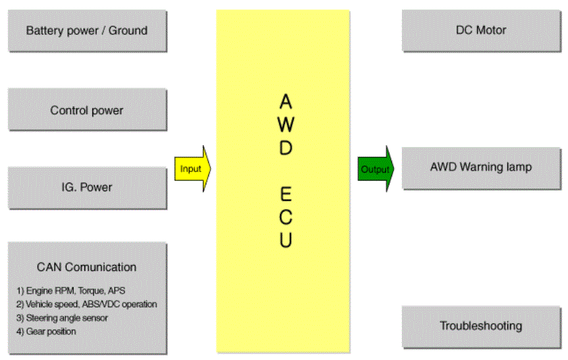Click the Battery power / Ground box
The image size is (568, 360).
[87, 31]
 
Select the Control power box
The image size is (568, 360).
[87, 109]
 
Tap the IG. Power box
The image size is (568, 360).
[87, 188]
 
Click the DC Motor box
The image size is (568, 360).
[482, 31]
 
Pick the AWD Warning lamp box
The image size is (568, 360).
[482, 168]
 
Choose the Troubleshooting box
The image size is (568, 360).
[482, 327]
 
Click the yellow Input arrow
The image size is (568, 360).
[192, 169]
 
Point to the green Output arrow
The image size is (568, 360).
[376, 169]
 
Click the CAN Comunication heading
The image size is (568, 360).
[86, 267]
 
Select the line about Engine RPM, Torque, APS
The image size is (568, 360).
[71, 291]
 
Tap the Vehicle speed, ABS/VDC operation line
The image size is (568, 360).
[86, 304]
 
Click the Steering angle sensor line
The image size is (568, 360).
[62, 318]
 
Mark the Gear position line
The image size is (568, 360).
[46, 332]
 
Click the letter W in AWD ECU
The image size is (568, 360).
[286, 125]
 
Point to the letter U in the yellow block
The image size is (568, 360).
[286, 240]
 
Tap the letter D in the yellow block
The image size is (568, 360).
[286, 148]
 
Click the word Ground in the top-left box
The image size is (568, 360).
[128, 30]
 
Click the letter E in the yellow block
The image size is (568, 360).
[286, 194]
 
